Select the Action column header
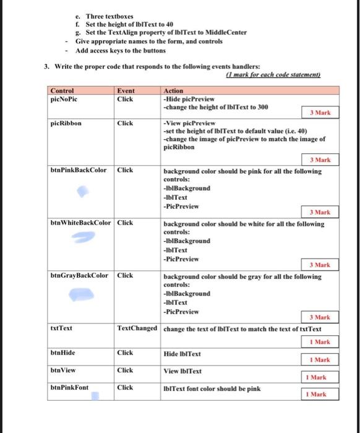(x=174, y=90)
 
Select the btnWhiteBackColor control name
(x=81, y=223)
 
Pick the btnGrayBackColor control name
(x=79, y=275)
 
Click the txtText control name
(x=61, y=328)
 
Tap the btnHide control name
(x=62, y=353)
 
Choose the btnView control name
(x=62, y=370)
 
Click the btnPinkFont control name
(x=69, y=388)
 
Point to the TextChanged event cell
(x=137, y=328)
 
